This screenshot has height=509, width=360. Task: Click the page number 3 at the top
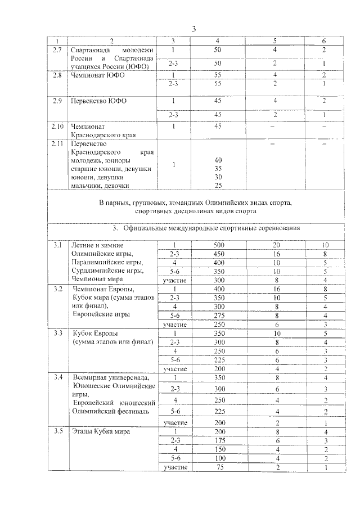pyautogui.click(x=193, y=29)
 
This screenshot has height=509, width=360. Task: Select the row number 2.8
pyautogui.click(x=55, y=75)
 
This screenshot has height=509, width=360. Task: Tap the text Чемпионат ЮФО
pyautogui.click(x=97, y=75)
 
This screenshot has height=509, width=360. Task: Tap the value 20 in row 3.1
pyautogui.click(x=276, y=245)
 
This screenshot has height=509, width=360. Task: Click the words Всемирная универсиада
pyautogui.click(x=109, y=377)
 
